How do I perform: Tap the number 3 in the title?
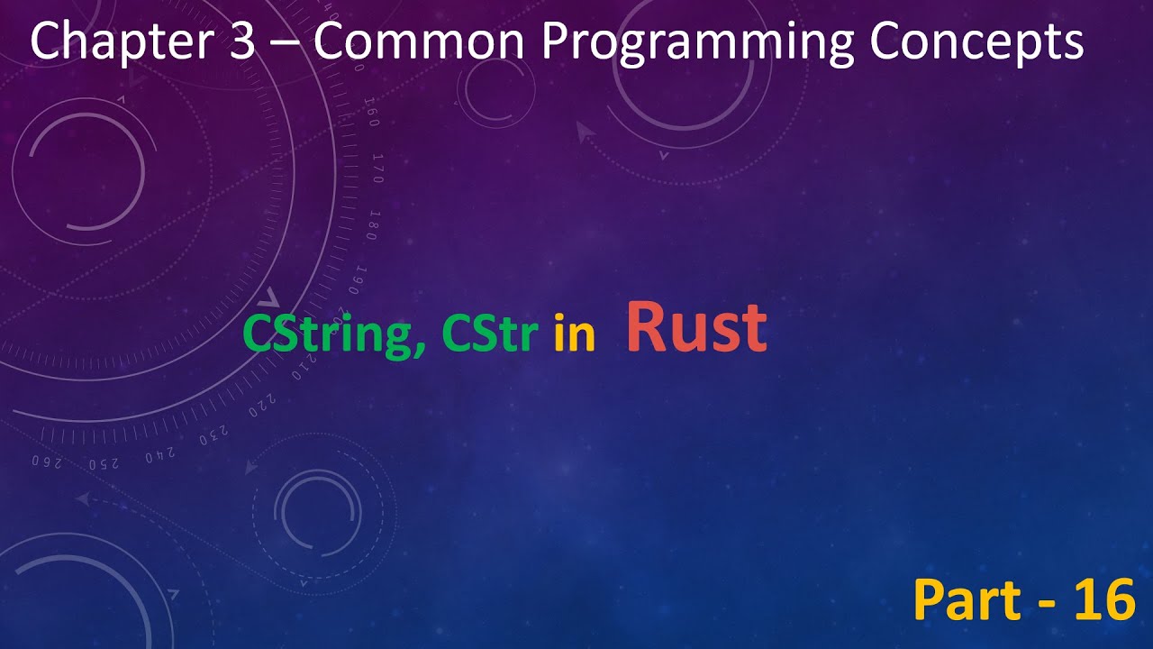coord(242,42)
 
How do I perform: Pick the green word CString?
coord(330,336)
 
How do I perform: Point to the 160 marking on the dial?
coord(371,117)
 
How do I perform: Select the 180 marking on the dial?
coord(371,225)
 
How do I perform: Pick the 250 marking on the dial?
coord(104,463)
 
